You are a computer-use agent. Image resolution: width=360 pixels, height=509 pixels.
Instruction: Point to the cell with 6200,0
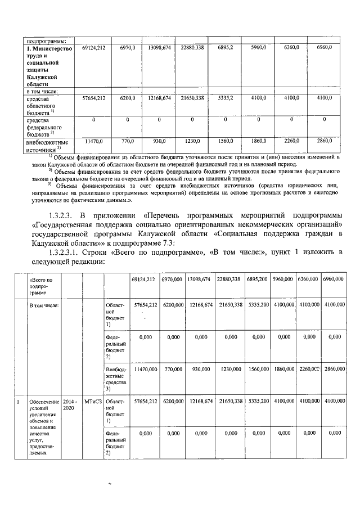(127, 98)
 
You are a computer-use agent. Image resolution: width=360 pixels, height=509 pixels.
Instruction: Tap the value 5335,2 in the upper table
(225, 98)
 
